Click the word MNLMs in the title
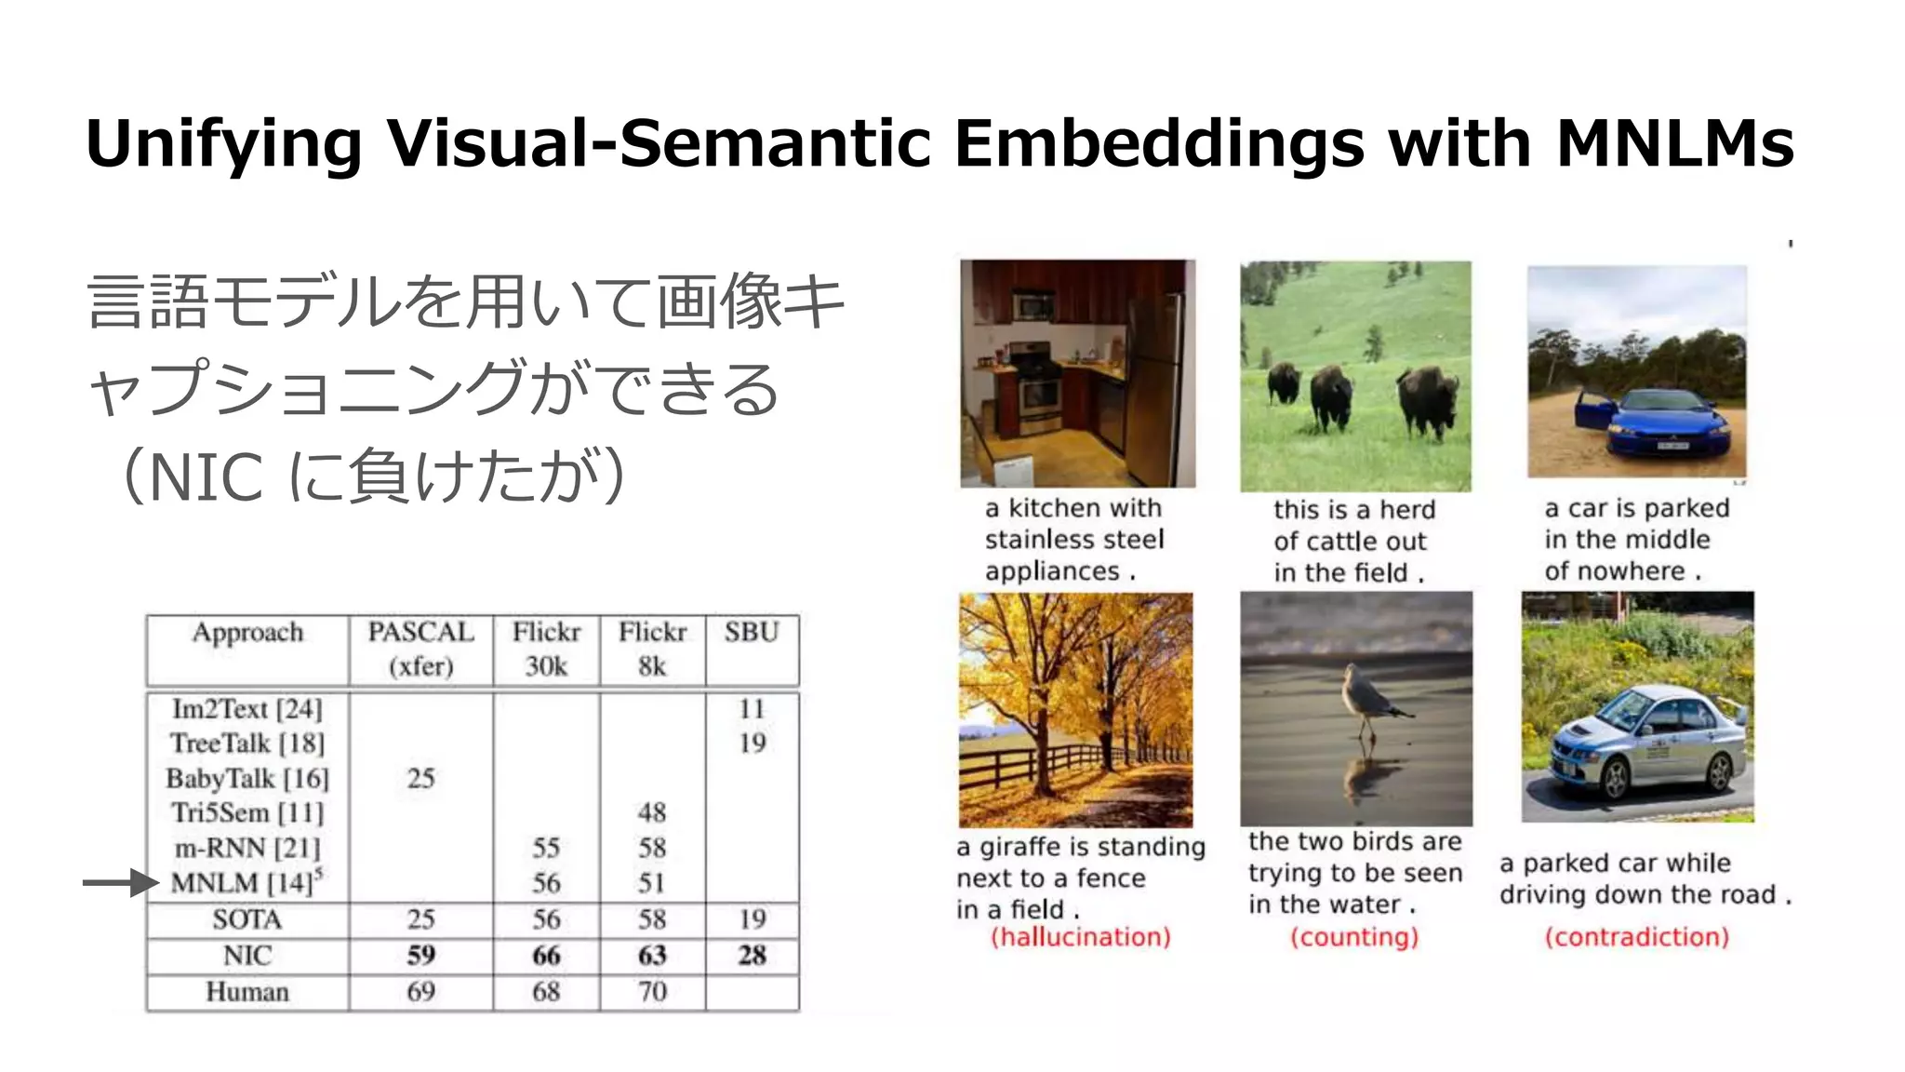pos(1674,144)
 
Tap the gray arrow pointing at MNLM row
pos(121,882)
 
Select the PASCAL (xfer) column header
pos(420,649)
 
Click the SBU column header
pos(752,633)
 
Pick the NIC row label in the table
pos(247,955)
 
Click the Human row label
pos(247,991)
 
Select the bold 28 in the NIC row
pos(752,955)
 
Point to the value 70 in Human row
pos(652,991)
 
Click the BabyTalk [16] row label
pos(247,778)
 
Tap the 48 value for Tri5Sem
pos(652,812)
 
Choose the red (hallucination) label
pos(1080,936)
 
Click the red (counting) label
pos(1354,936)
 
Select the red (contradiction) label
pos(1637,936)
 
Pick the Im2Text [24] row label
pos(247,709)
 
